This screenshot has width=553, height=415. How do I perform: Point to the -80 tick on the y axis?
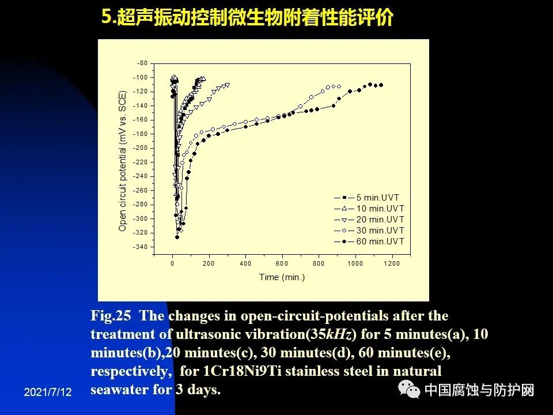142,63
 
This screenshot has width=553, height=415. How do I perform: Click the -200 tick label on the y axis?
140,148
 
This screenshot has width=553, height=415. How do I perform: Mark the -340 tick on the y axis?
140,247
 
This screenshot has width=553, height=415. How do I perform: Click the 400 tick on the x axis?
245,263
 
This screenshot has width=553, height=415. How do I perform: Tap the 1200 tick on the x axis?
392,263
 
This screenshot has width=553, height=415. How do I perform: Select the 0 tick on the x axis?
172,263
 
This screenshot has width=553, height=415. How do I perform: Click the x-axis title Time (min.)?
282,277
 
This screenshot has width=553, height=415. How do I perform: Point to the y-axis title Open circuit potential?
122,161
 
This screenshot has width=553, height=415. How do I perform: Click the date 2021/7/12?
48,393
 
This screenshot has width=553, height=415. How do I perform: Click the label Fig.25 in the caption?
111,316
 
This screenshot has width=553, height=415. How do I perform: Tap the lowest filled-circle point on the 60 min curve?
177,237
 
